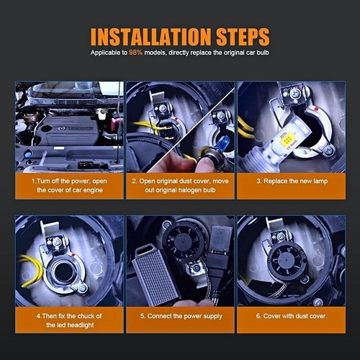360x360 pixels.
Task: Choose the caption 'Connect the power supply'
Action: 180,316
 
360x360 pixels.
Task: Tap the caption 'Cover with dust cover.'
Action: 292,316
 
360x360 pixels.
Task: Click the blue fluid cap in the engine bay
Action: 27,154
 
